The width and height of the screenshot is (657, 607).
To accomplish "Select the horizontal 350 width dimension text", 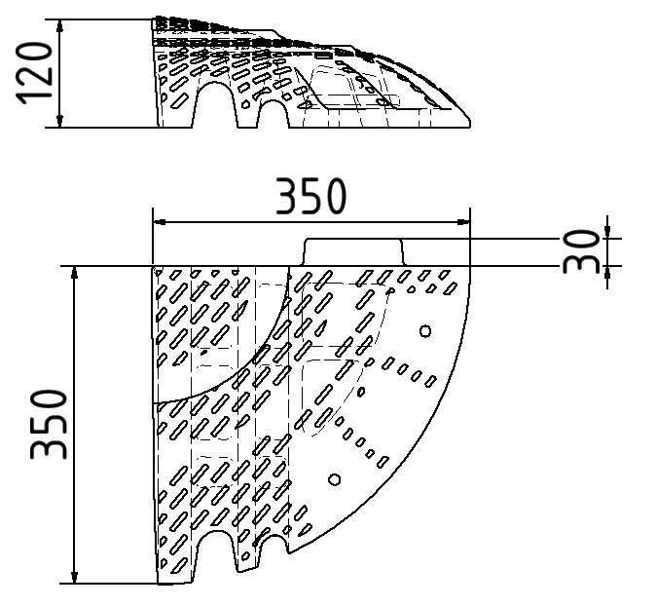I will [310, 197].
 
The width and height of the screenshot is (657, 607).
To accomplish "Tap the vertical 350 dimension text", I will [50, 424].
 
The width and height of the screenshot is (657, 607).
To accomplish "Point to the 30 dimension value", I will [584, 250].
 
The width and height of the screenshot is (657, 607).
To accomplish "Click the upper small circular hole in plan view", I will [424, 331].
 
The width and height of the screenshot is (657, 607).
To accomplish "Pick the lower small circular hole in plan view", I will [335, 479].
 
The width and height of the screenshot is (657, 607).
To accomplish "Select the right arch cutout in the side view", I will [273, 114].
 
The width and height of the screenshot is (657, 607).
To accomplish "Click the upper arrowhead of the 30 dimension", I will [607, 232].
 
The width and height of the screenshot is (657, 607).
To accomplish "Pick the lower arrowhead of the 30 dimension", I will [607, 272].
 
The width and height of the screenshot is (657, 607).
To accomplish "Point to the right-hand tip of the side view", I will [469, 124].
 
